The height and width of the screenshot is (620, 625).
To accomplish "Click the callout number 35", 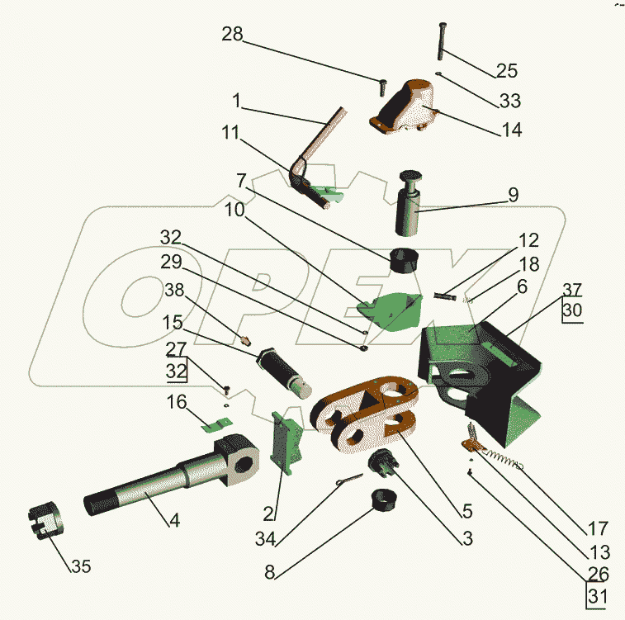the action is pos(80,567).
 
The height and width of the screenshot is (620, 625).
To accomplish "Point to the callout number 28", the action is pos(232,35).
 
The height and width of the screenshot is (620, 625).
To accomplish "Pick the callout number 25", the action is pos(505,69).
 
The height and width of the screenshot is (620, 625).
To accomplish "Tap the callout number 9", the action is pos(513,195).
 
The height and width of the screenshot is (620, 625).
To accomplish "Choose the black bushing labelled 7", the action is pos(405,259).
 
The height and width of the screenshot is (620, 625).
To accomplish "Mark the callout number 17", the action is pos(599,528).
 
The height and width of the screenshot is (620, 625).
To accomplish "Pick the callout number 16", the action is pos(178,402).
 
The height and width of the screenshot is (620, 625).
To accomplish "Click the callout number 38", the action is pos(174,291).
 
